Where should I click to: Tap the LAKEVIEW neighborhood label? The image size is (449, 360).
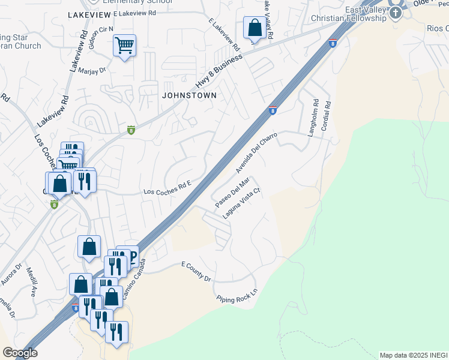(x=89, y=13)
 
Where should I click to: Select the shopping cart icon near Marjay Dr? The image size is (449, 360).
(x=124, y=45)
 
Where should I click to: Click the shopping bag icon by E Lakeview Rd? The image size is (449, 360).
(x=255, y=28)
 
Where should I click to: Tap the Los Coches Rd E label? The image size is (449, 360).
(x=167, y=189)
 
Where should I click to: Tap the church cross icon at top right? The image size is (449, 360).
(x=396, y=13)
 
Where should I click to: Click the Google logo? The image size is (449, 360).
(x=20, y=353)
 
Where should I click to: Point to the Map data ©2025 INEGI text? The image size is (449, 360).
(x=413, y=355)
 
